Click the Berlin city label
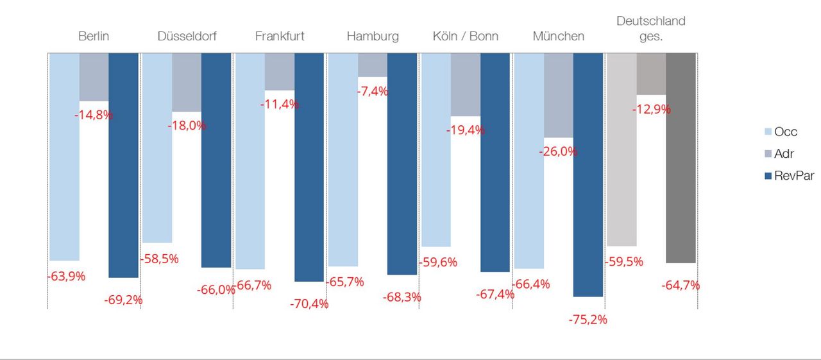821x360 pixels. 94,36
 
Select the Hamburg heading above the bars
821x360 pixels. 372,36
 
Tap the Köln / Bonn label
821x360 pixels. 465,36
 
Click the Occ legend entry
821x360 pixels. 781,132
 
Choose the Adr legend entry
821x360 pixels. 780,154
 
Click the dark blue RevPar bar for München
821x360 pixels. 588,173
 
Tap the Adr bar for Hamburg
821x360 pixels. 373,65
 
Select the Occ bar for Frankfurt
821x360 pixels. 250,160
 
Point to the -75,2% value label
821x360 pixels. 588,320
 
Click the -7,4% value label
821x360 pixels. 373,91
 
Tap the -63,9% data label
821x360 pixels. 67,277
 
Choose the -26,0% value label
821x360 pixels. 559,152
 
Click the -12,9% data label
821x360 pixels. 652,109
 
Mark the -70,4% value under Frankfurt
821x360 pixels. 309,304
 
